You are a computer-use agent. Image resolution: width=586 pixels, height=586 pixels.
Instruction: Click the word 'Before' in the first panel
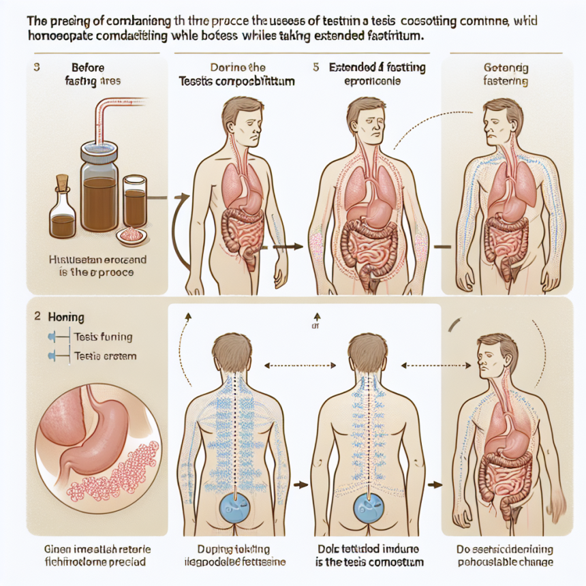[88, 68]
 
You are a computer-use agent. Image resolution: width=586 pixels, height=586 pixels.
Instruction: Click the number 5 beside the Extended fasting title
[315, 68]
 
